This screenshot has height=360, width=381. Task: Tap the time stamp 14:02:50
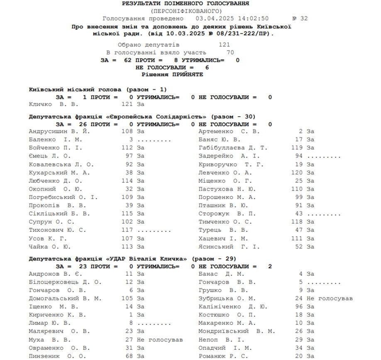253,18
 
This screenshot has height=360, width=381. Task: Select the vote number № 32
300,18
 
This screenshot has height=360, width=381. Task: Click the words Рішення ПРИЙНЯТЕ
172,74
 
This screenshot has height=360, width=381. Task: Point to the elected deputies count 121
224,45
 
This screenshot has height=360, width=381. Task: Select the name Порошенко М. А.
227,197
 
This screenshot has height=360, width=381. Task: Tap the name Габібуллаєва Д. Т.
233,147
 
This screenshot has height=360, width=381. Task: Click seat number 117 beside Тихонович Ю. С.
127,230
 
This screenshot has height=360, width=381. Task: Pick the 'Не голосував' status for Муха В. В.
160,340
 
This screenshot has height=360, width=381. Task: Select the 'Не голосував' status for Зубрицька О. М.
330,299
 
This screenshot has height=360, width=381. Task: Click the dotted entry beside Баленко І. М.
154,140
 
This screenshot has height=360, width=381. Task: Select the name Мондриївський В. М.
237,331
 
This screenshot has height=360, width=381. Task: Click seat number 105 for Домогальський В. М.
127,299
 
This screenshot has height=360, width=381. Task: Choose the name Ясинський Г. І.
229,247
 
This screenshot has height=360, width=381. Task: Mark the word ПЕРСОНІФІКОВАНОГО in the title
186,11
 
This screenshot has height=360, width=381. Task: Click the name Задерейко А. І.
229,156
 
